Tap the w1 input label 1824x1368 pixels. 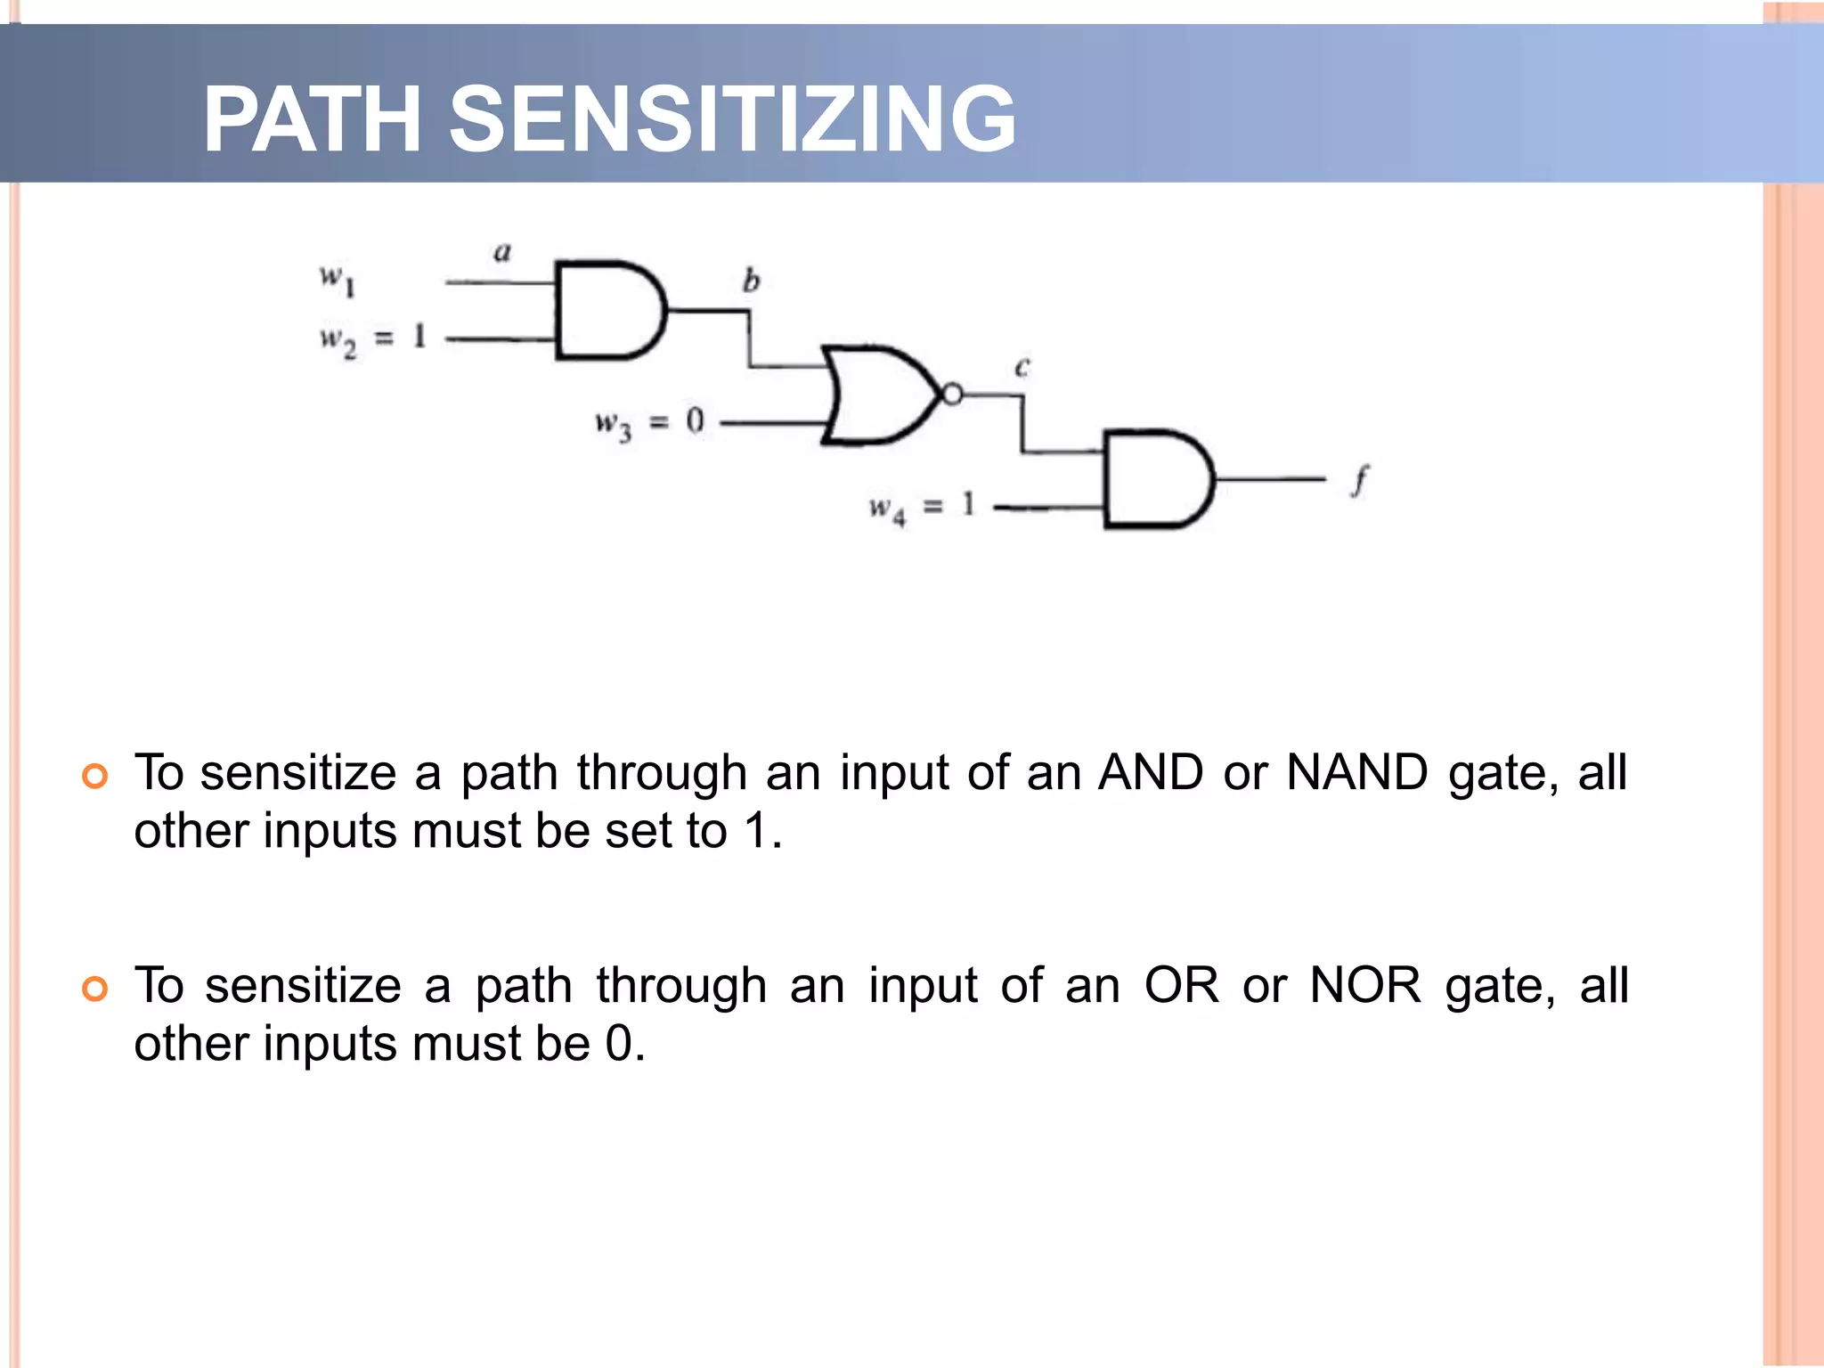(x=338, y=280)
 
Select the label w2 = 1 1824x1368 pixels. (x=373, y=339)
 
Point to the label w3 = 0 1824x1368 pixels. (x=649, y=423)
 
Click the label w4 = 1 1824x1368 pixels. (x=923, y=508)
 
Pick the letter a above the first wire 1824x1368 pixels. (x=502, y=253)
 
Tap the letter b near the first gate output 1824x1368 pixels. (x=751, y=281)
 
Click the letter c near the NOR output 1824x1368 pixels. (x=1022, y=367)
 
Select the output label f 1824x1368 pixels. (x=1357, y=482)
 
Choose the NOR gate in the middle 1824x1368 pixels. (x=877, y=395)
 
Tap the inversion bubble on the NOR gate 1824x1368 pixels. (x=952, y=395)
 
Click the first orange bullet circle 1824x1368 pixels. (x=94, y=776)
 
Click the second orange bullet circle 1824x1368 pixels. (x=94, y=989)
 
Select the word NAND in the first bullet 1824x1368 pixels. (x=1357, y=772)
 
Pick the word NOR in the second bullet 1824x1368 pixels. (x=1364, y=986)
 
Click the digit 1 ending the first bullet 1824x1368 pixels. (x=756, y=831)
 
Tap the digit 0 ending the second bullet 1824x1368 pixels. (x=619, y=1044)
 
